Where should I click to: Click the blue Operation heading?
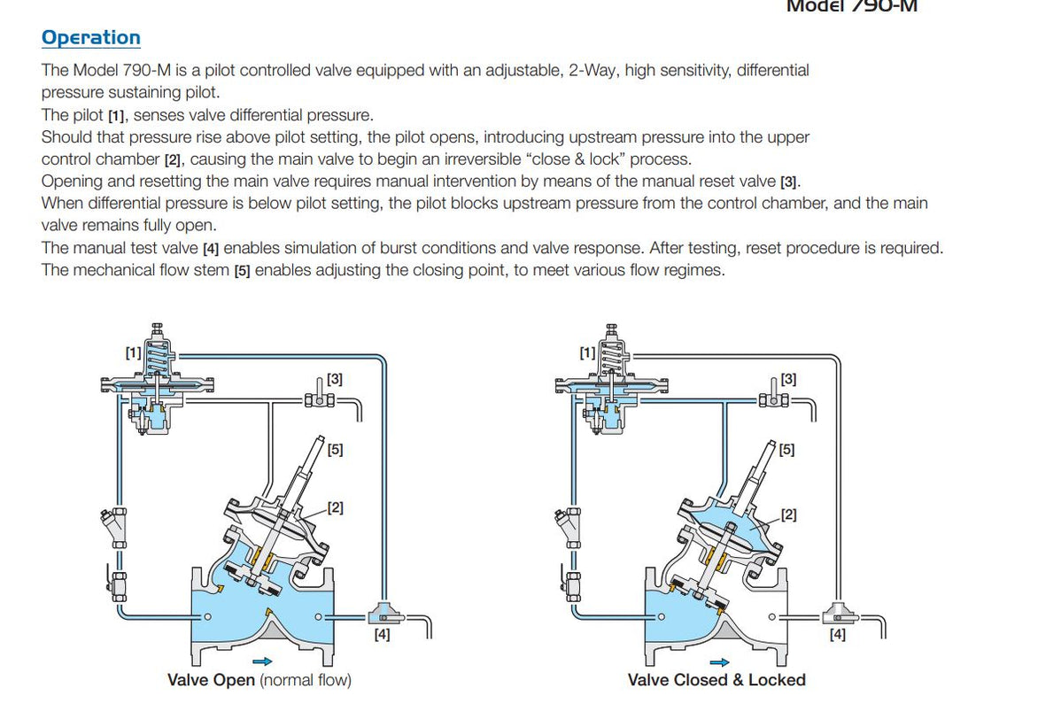90,38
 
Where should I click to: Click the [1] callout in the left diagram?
133,352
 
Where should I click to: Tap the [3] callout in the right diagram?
787,379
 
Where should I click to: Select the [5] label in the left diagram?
335,449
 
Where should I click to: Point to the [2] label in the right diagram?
787,514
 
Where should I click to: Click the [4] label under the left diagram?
381,634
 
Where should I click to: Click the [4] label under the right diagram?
837,634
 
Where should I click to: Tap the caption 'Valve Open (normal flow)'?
259,680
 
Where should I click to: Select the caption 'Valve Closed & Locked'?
717,680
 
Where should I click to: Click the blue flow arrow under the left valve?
262,661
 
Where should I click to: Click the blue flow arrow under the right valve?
720,661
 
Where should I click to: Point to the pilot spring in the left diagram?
158,359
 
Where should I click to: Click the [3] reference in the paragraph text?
789,182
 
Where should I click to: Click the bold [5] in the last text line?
242,271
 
